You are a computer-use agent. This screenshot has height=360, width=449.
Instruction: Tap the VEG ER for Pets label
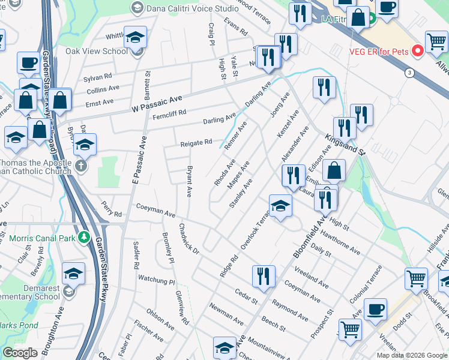[x=384, y=52]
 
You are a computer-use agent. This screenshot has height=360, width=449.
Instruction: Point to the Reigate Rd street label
[x=196, y=143]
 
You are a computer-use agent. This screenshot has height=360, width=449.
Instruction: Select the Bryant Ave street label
[x=190, y=182]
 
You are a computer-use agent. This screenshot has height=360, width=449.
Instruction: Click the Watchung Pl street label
[x=155, y=278]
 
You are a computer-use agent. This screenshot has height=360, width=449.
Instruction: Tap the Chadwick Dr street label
[x=188, y=238]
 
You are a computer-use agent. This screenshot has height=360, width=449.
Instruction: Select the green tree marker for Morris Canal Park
[x=85, y=238]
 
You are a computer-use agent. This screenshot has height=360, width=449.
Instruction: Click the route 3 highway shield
[x=409, y=73]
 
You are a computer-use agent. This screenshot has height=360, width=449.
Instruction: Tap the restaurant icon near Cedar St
[x=264, y=277]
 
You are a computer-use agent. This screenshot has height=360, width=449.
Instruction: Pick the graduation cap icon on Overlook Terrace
[x=280, y=206]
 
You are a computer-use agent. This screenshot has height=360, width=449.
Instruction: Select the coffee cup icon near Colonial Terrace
[x=375, y=310]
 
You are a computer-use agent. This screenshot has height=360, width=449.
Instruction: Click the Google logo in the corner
[x=20, y=353]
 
